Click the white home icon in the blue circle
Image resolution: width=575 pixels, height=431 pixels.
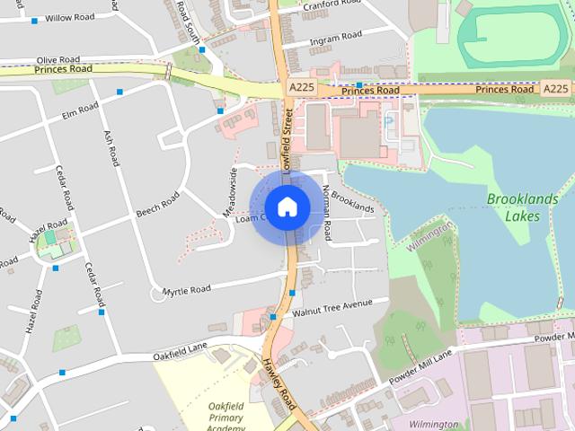(x=287, y=207)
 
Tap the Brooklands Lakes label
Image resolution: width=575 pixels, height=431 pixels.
(x=514, y=207)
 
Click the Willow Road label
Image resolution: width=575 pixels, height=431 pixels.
(x=69, y=17)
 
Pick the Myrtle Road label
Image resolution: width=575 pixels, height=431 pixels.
(x=186, y=289)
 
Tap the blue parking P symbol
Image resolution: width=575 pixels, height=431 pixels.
(x=388, y=121)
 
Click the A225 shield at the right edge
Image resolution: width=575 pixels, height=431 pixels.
(x=556, y=88)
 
